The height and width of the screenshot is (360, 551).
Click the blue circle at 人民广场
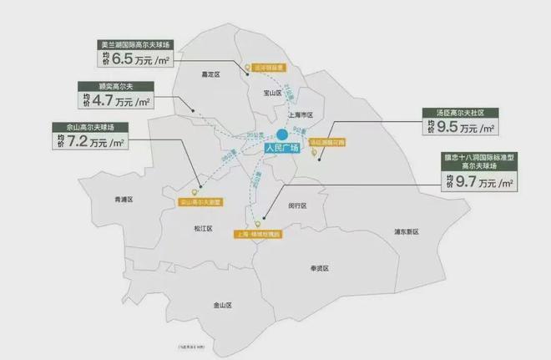point(282,134)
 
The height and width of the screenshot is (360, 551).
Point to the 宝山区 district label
point(269,94)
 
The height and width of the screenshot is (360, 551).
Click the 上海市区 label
point(298,114)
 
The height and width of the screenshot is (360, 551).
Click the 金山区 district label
point(222,306)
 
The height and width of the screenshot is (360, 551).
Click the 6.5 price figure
point(124,60)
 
